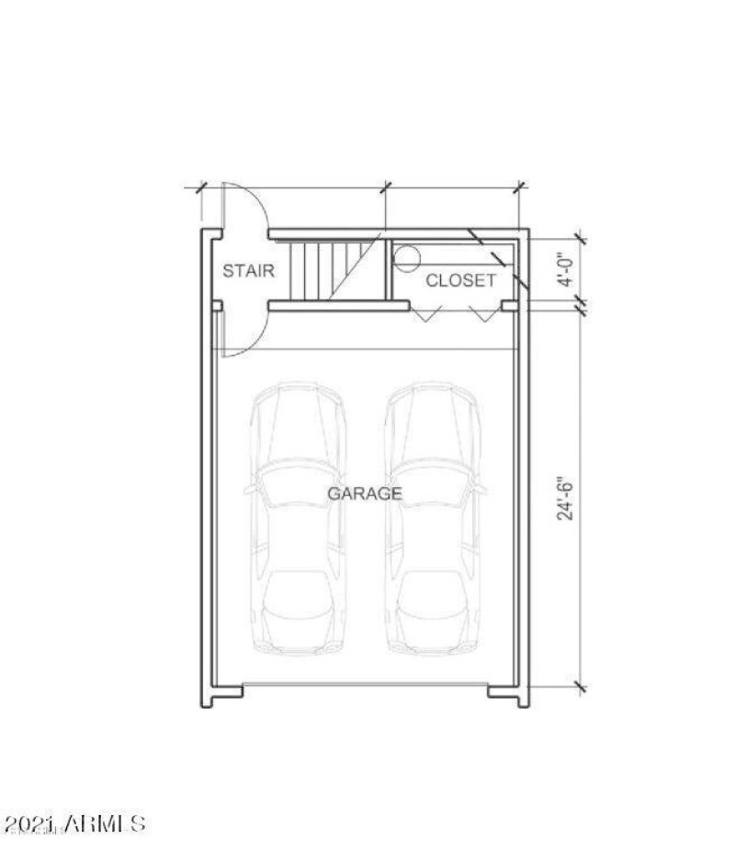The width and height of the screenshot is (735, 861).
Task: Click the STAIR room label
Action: coord(248,271)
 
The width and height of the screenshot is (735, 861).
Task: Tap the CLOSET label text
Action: coord(460,280)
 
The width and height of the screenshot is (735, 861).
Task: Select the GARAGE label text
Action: coord(365,493)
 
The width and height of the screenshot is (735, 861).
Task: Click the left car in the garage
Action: coord(298,518)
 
